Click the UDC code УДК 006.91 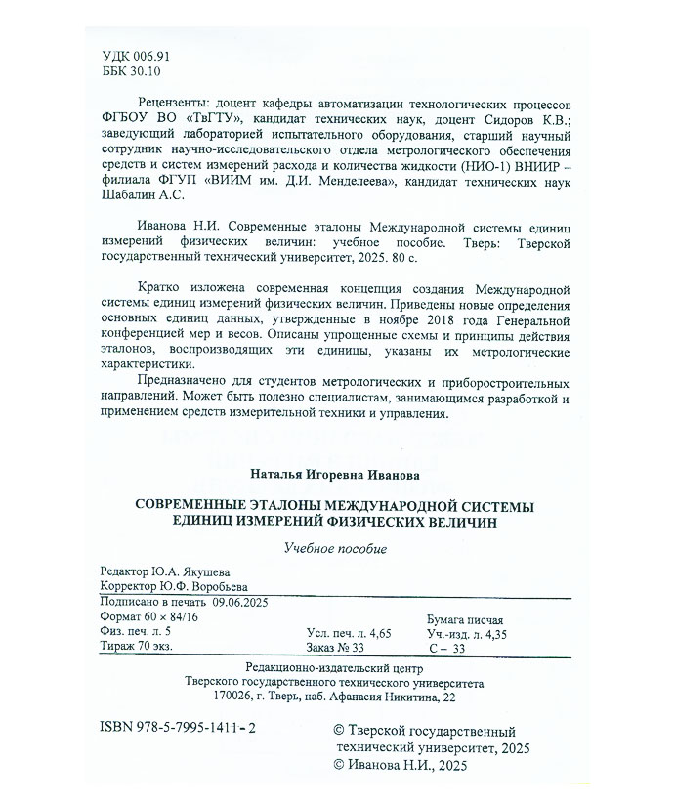(136, 58)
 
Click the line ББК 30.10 (132, 72)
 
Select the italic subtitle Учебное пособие (336, 549)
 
